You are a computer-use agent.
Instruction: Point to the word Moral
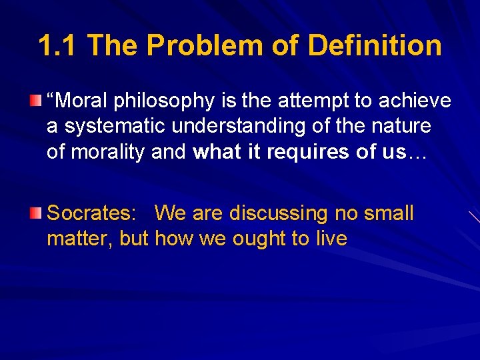[83, 101]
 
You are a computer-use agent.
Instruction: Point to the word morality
[106, 151]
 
